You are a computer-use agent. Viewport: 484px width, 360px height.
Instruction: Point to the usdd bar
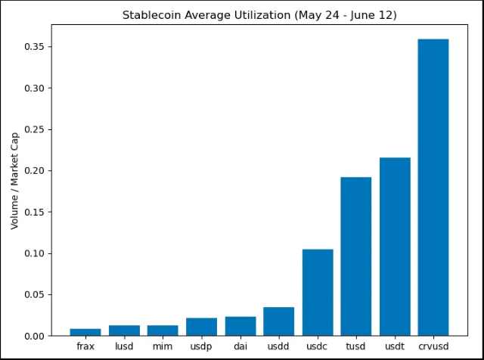(278, 321)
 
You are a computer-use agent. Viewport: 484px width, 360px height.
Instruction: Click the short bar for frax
(85, 332)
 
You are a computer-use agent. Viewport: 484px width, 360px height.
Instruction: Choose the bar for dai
(240, 326)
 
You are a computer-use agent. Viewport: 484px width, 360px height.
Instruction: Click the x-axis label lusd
(124, 346)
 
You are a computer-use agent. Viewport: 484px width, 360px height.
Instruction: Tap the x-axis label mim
(163, 346)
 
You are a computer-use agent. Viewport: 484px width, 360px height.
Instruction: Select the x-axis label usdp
(201, 346)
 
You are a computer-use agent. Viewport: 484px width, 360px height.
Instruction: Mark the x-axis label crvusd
(433, 346)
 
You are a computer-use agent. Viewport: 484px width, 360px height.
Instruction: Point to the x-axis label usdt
(394, 346)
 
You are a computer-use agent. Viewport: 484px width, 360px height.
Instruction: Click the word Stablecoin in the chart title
(148, 15)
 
